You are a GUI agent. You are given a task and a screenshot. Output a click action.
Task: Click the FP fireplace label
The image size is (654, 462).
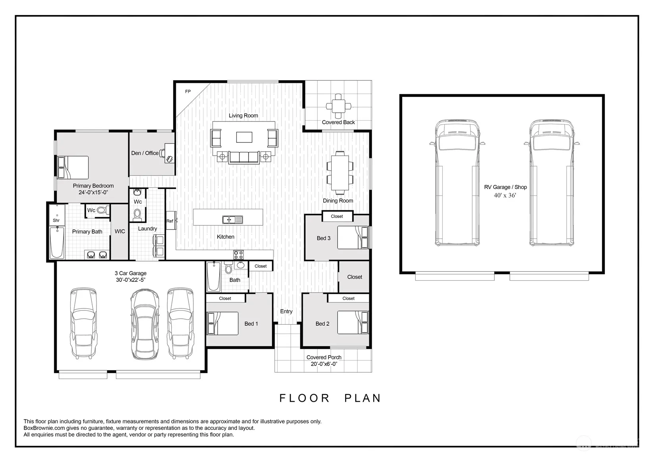tap(188, 91)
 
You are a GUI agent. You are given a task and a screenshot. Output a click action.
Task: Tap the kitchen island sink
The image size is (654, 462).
tap(232, 219)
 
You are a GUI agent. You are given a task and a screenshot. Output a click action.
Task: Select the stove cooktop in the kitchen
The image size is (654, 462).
tap(239, 255)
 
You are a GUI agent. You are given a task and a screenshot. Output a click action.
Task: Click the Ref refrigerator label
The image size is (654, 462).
tap(170, 221)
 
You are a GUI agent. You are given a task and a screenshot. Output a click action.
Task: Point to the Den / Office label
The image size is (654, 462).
tap(145, 153)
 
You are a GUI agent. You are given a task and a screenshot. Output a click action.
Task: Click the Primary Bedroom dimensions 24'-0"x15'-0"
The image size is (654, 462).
tap(93, 192)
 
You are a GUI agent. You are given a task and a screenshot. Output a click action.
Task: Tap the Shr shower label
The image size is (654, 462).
tap(56, 220)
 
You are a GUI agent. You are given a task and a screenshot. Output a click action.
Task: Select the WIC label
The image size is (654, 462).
tap(120, 231)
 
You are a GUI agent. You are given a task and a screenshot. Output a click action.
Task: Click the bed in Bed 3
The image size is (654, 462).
tap(353, 238)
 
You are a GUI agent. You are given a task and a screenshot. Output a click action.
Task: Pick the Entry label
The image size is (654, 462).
tap(286, 312)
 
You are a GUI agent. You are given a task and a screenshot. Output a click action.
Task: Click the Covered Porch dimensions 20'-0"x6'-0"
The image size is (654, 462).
tap(324, 364)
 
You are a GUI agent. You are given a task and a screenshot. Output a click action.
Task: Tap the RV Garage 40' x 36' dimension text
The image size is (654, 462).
tap(505, 195)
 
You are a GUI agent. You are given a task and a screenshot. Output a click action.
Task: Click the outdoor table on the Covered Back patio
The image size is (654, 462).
tap(338, 106)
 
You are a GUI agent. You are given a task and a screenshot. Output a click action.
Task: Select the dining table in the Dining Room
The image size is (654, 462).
tap(340, 173)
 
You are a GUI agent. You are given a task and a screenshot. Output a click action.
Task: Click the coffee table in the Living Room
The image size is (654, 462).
tap(244, 137)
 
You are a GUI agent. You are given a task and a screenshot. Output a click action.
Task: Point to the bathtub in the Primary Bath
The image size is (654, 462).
tap(56, 243)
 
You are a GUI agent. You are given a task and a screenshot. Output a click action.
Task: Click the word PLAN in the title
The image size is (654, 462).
tap(362, 398)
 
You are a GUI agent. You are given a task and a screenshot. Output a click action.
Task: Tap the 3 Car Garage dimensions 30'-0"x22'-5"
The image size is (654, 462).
tap(131, 280)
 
